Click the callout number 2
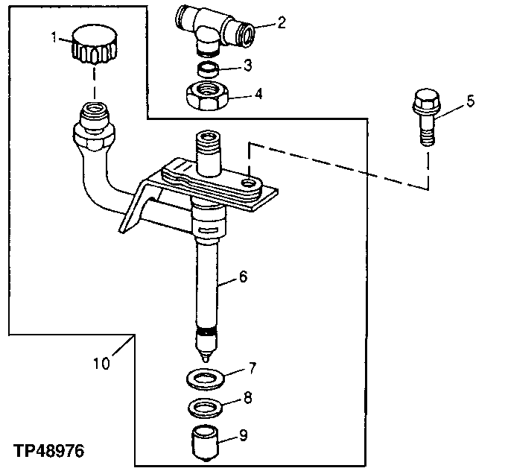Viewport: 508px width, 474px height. [281, 22]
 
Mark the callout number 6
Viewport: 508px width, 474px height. [243, 277]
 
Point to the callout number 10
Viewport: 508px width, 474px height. [102, 364]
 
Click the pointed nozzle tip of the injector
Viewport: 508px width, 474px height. [206, 355]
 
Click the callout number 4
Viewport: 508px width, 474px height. [258, 95]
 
